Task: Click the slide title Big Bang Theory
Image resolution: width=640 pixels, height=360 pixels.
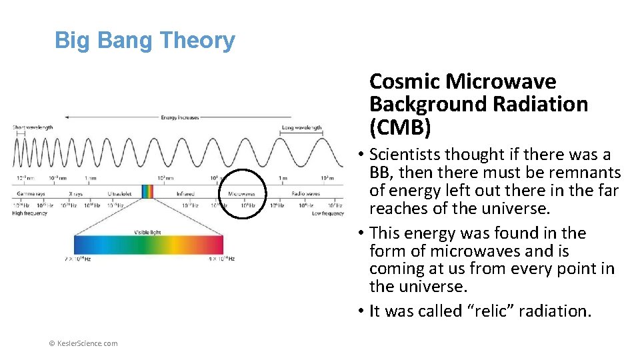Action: (x=145, y=41)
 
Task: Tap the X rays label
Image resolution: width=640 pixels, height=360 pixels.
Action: (x=75, y=194)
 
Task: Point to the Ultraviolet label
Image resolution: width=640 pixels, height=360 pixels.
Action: (x=119, y=194)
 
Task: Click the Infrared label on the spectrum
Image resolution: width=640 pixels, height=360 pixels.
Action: (x=185, y=194)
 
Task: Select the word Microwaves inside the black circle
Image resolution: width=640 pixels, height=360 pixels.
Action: (x=241, y=194)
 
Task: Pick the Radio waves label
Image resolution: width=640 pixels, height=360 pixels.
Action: (x=305, y=194)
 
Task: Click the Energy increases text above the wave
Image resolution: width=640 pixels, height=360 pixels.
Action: (x=180, y=118)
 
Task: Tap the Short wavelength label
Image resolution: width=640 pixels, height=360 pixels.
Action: (x=33, y=127)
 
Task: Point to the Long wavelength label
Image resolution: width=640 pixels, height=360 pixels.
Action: (x=301, y=127)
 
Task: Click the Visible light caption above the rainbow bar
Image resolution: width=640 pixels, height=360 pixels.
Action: (x=147, y=233)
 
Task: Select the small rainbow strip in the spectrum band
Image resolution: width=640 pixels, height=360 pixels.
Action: (x=147, y=191)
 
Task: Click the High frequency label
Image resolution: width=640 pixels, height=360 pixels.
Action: (x=31, y=213)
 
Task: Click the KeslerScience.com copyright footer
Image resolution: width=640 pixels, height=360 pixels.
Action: (x=84, y=343)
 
